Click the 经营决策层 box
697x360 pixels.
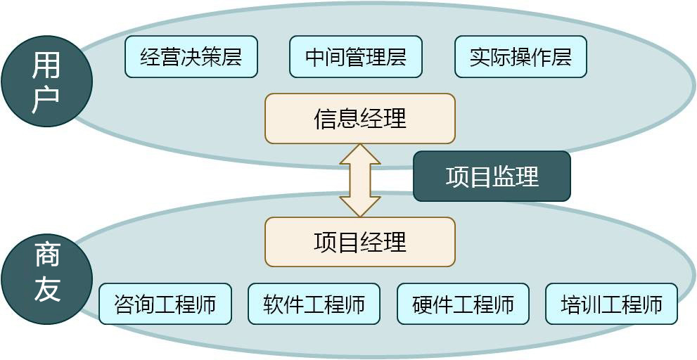point(191,57)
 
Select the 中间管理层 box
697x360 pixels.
point(356,57)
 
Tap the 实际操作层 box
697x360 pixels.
point(520,57)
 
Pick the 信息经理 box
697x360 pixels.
point(360,119)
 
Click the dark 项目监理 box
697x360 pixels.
point(492,176)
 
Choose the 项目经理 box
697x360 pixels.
point(360,242)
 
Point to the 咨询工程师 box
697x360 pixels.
point(165,304)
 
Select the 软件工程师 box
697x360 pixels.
point(314,304)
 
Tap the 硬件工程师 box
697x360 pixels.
point(463,304)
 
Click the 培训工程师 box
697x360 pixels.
point(611,304)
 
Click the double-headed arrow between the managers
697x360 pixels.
point(360,181)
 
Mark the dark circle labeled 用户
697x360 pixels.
point(47,82)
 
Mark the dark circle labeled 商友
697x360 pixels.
point(47,279)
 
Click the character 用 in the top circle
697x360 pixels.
point(47,66)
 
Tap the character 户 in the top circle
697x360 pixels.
point(47,98)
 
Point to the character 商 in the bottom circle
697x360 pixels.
point(47,255)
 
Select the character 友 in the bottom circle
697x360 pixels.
point(47,288)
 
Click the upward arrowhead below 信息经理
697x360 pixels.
point(360,155)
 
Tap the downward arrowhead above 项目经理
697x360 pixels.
point(360,206)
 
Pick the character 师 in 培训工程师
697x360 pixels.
point(653,304)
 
